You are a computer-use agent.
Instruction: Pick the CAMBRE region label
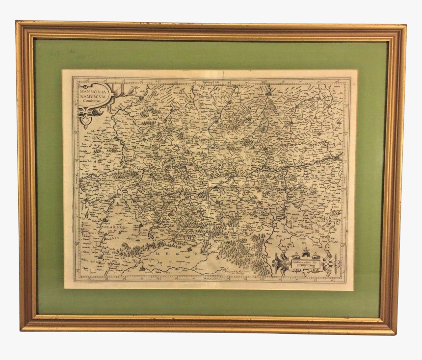pyautogui.click(x=113, y=228)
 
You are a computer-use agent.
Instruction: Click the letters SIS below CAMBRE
pyautogui.click(x=115, y=236)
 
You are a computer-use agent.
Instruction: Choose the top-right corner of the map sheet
pyautogui.click(x=357, y=70)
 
